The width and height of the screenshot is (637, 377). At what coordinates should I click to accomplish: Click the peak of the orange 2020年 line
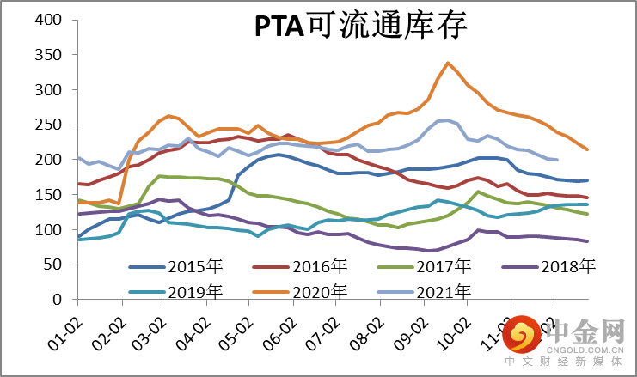point(448,63)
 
